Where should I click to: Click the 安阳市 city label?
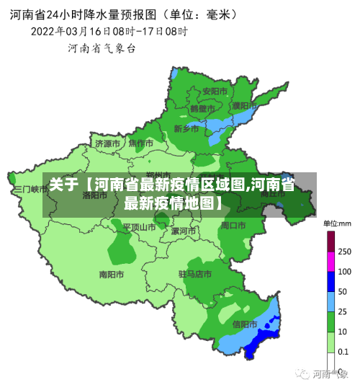[215, 92]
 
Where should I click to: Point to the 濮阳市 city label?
[246, 106]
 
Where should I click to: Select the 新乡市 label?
[186, 129]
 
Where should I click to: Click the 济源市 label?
[108, 143]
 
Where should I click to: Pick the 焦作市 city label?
[140, 143]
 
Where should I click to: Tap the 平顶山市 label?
[138, 227]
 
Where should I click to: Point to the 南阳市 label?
[112, 275]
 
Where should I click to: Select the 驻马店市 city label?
[194, 275]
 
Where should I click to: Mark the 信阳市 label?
[245, 324]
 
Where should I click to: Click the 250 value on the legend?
[344, 252]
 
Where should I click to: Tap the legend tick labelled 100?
[344, 272]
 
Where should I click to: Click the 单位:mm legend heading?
[337, 223]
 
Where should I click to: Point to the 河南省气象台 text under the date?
[102, 48]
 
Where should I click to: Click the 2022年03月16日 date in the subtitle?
[71, 31]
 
